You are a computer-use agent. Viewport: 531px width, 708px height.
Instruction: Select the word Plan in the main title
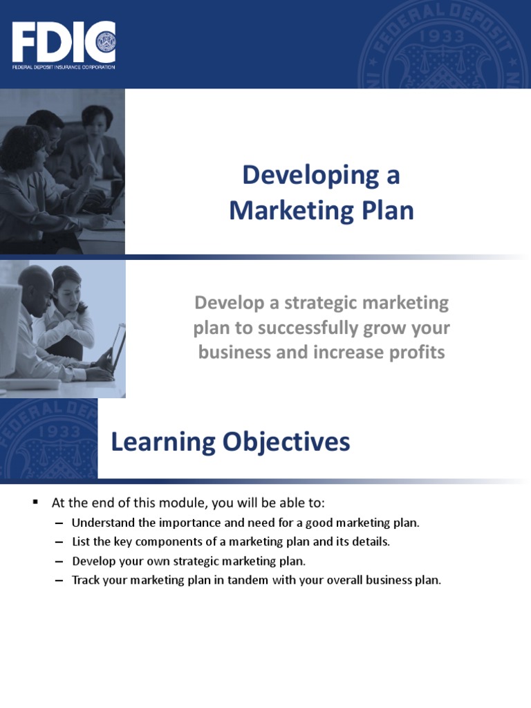coord(389,211)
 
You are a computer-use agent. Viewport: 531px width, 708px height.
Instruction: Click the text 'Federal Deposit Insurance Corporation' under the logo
coord(63,67)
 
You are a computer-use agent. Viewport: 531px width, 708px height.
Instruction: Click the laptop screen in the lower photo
coord(118,349)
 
